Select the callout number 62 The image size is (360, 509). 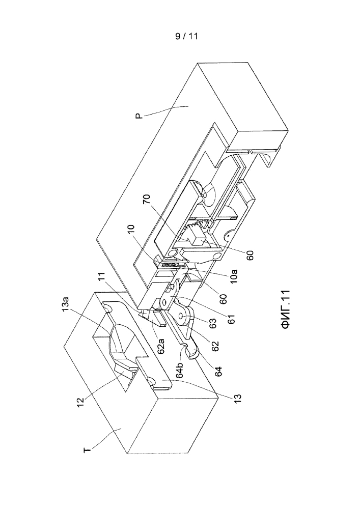pyautogui.click(x=215, y=346)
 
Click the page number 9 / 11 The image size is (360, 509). pyautogui.click(x=186, y=36)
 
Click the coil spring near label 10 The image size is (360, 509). pyautogui.click(x=169, y=266)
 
